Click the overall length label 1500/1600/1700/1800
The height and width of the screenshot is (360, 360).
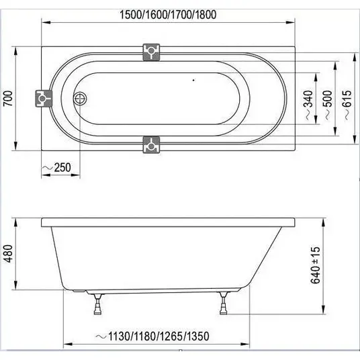click(x=168, y=15)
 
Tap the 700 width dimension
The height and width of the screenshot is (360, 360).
click(x=8, y=99)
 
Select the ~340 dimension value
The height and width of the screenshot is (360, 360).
click(x=309, y=105)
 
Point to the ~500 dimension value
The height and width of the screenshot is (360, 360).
click(x=328, y=105)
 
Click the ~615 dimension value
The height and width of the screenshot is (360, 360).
click(x=347, y=105)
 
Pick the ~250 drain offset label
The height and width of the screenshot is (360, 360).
click(x=56, y=167)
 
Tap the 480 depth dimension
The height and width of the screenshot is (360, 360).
click(x=8, y=253)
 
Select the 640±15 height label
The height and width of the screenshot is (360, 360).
click(x=315, y=265)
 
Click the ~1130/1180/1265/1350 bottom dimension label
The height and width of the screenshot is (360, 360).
click(x=152, y=336)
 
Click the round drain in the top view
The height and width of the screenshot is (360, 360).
click(x=81, y=99)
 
